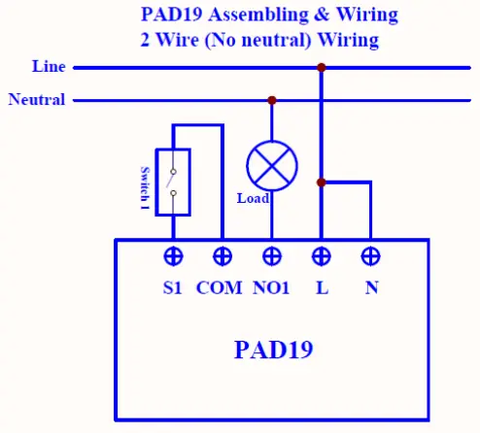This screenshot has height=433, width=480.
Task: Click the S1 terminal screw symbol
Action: (x=173, y=256)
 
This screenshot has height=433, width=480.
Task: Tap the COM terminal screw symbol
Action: (x=223, y=256)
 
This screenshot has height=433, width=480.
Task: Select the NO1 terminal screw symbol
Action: (x=272, y=256)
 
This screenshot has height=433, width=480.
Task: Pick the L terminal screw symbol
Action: (x=322, y=256)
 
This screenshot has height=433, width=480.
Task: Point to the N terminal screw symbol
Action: (x=370, y=256)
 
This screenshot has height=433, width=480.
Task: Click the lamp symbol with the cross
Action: (x=271, y=166)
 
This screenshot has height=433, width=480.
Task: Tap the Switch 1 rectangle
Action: (x=172, y=182)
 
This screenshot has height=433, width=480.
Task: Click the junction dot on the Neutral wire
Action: (x=272, y=99)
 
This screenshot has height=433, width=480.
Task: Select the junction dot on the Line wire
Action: (x=321, y=68)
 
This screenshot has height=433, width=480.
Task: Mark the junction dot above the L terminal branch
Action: (x=321, y=182)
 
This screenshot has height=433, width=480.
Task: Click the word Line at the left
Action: (x=49, y=67)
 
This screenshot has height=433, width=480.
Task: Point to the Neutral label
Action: (x=37, y=99)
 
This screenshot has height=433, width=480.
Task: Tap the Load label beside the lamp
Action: (x=254, y=198)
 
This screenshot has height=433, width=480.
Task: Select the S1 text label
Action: (x=173, y=288)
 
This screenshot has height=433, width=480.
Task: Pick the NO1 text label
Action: (x=272, y=288)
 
